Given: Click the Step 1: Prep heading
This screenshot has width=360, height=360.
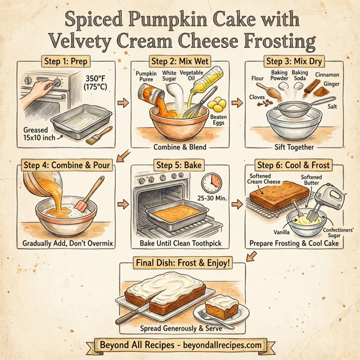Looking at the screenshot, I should (x=65, y=61).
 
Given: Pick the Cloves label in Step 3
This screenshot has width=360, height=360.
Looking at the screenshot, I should (x=256, y=97).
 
